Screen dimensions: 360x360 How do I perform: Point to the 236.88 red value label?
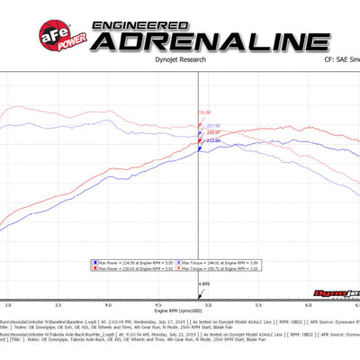(x=204, y=112)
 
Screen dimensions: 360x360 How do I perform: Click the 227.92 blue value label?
(x=213, y=125)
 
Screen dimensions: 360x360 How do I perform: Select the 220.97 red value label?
(x=212, y=133)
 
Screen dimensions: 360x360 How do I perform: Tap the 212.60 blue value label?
(x=213, y=141)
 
